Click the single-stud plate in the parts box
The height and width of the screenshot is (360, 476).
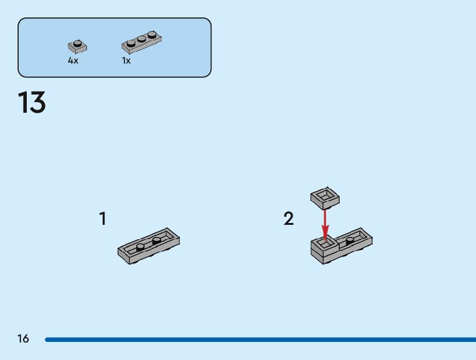[x=77, y=46]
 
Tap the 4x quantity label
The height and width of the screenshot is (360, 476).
[x=73, y=61]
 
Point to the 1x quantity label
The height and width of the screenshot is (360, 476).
[x=126, y=61]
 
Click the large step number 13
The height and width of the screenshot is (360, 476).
[x=32, y=103]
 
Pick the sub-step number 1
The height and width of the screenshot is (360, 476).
[x=103, y=219]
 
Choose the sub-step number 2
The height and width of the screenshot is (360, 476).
[x=289, y=219]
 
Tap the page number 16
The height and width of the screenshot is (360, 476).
[x=23, y=339]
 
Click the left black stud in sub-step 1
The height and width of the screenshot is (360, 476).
[x=141, y=246]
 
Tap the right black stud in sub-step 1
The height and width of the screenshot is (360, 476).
[x=156, y=239]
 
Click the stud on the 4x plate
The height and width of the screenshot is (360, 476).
[x=77, y=43]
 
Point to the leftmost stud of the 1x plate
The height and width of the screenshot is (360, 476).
[x=131, y=44]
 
